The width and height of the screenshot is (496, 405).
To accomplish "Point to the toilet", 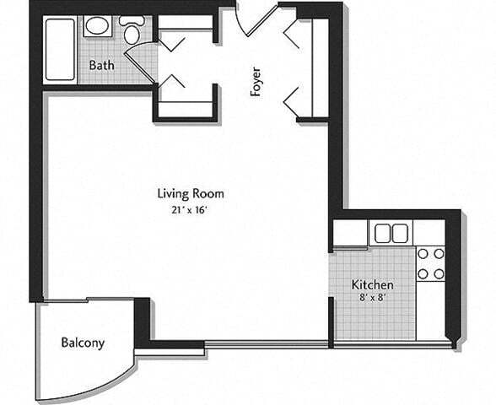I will point(132,31).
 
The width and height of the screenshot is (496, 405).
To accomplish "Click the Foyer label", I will point(256,82).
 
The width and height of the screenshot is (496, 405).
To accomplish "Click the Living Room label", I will point(191,193).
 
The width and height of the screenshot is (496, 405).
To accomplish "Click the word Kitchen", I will point(373,284).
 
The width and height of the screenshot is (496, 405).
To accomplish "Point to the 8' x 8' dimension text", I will point(372,298).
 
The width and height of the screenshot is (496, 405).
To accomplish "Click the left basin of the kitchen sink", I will point(381,233).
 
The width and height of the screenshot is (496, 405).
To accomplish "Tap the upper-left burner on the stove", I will point(423,253).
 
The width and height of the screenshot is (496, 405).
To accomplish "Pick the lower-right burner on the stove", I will point(438,273).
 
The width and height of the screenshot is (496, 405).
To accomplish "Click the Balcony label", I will point(83,343).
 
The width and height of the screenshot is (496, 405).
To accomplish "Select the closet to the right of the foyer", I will point(311,69).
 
